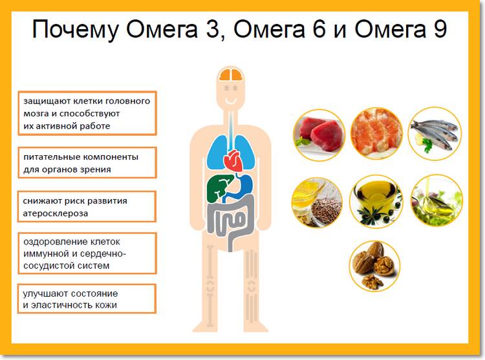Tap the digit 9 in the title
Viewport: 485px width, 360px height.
tap(440, 30)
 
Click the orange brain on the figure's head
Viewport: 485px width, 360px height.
tap(231, 76)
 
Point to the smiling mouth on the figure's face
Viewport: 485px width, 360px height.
tap(231, 103)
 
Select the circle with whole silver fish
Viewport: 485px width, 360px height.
tap(435, 132)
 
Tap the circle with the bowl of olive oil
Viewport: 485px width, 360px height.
tap(376, 200)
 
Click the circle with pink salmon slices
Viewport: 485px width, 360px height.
tap(376, 132)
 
